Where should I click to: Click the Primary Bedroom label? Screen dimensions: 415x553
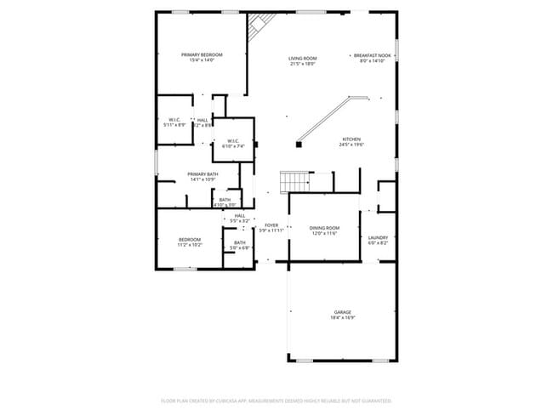pyautogui.click(x=201, y=54)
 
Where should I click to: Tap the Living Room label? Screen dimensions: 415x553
pyautogui.click(x=303, y=58)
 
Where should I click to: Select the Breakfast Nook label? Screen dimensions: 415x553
pyautogui.click(x=372, y=55)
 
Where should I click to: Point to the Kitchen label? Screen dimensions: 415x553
pyautogui.click(x=351, y=139)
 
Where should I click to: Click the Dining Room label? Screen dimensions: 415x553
pyautogui.click(x=324, y=227)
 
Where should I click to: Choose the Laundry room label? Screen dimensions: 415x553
pyautogui.click(x=378, y=237)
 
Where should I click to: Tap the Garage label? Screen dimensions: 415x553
pyautogui.click(x=342, y=311)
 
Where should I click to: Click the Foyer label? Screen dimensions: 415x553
pyautogui.click(x=271, y=225)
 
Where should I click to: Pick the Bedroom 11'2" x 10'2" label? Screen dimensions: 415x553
pyautogui.click(x=190, y=239)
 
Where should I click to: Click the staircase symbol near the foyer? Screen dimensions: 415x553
pyautogui.click(x=295, y=180)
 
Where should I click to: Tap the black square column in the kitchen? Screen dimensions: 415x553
pyautogui.click(x=299, y=144)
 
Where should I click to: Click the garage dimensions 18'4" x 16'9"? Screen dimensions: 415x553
pyautogui.click(x=342, y=317)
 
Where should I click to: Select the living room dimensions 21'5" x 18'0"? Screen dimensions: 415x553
pyautogui.click(x=303, y=64)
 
